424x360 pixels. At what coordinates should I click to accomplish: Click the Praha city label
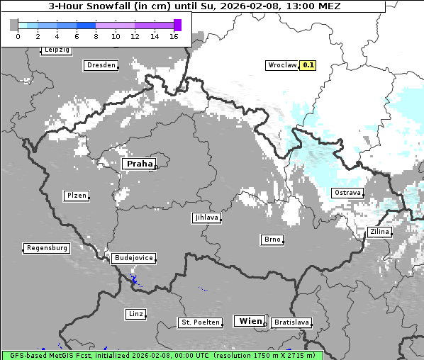pyautogui.click(x=139, y=164)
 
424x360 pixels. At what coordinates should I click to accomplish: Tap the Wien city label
pyautogui.click(x=250, y=321)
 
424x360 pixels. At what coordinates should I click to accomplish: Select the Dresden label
pyautogui.click(x=101, y=65)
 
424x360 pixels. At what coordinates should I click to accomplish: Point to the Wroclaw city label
pyautogui.click(x=281, y=65)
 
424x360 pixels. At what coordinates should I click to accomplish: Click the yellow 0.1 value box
pyautogui.click(x=308, y=65)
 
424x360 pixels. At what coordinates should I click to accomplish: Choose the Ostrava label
pyautogui.click(x=347, y=193)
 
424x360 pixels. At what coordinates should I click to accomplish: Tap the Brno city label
pyautogui.click(x=272, y=240)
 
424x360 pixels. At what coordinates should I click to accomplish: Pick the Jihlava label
pyautogui.click(x=206, y=218)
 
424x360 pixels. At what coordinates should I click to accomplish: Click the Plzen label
pyautogui.click(x=76, y=196)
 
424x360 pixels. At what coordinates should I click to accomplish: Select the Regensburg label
pyautogui.click(x=47, y=248)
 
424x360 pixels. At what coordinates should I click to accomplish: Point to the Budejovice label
pyautogui.click(x=133, y=258)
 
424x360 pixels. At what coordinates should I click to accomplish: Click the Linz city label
pyautogui.click(x=135, y=313)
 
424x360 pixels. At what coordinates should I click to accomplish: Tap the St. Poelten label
pyautogui.click(x=199, y=322)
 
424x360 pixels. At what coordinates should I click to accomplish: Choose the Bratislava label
pyautogui.click(x=291, y=322)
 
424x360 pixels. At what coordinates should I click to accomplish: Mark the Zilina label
pyautogui.click(x=379, y=232)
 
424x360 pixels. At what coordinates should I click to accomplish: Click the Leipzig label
pyautogui.click(x=57, y=50)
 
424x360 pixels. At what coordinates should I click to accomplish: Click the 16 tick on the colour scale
pyautogui.click(x=174, y=36)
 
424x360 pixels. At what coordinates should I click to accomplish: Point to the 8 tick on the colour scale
pyautogui.click(x=96, y=36)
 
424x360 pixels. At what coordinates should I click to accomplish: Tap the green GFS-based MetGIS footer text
pyautogui.click(x=162, y=355)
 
